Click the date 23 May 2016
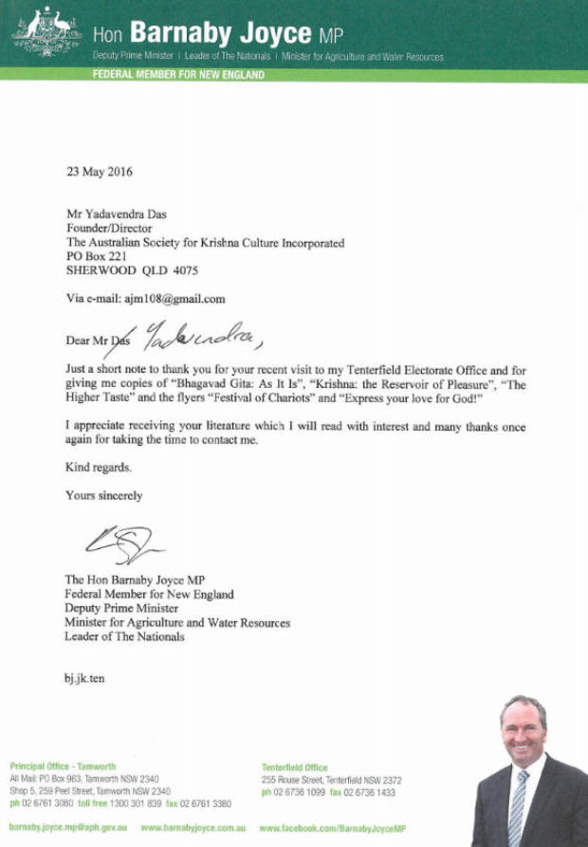pos(100,173)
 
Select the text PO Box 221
pos(96,257)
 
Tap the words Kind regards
pos(99,467)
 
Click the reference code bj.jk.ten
pos(84,679)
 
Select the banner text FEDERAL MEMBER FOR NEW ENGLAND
pos(178,75)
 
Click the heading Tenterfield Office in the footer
pos(295,767)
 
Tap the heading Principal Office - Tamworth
pos(63,766)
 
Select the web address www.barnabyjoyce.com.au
pos(193,828)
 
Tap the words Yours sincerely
pos(103,495)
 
